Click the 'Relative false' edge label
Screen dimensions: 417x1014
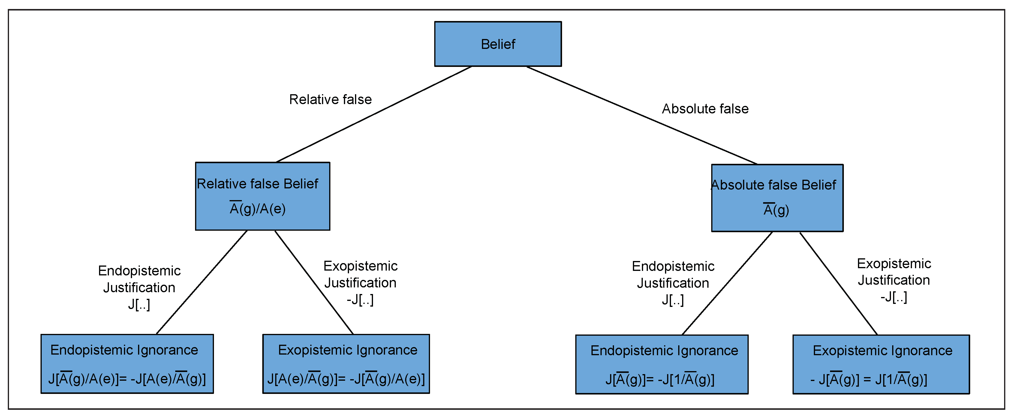click(330, 100)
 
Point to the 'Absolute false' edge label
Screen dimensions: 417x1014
click(705, 109)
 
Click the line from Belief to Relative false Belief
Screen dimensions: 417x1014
click(374, 114)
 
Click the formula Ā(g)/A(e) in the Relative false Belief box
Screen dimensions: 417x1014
click(258, 208)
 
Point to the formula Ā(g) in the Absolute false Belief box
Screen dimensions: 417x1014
click(776, 210)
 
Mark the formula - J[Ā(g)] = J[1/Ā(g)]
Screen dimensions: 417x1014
click(869, 379)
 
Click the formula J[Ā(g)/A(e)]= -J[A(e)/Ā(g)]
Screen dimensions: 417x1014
click(127, 379)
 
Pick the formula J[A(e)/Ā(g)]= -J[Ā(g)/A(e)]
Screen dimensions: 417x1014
click(346, 379)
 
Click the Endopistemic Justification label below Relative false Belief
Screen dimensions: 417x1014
click(139, 287)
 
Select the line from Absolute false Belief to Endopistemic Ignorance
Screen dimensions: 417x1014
click(727, 283)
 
